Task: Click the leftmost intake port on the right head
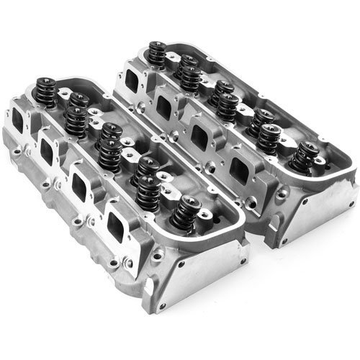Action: [133, 74]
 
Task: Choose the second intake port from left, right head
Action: [164, 106]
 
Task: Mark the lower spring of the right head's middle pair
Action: [227, 107]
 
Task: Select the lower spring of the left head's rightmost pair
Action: [148, 190]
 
